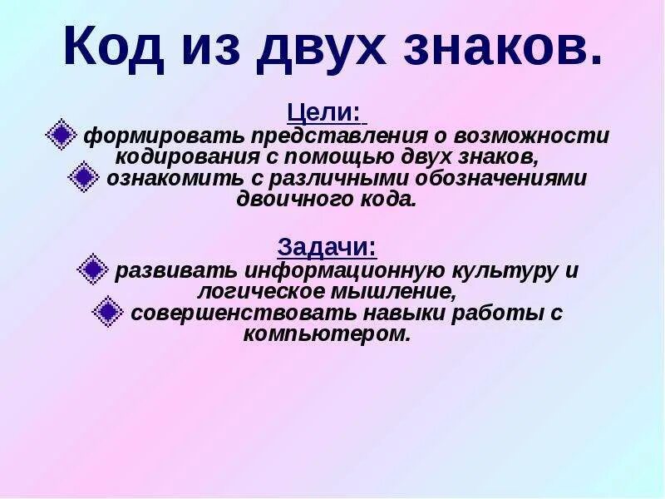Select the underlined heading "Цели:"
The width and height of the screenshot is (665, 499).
click(x=324, y=111)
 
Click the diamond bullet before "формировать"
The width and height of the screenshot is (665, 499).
click(x=60, y=135)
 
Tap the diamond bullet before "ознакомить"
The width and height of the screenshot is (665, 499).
click(x=83, y=177)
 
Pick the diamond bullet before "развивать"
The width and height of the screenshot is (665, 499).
click(x=92, y=269)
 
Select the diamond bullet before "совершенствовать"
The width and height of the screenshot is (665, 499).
click(x=108, y=312)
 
